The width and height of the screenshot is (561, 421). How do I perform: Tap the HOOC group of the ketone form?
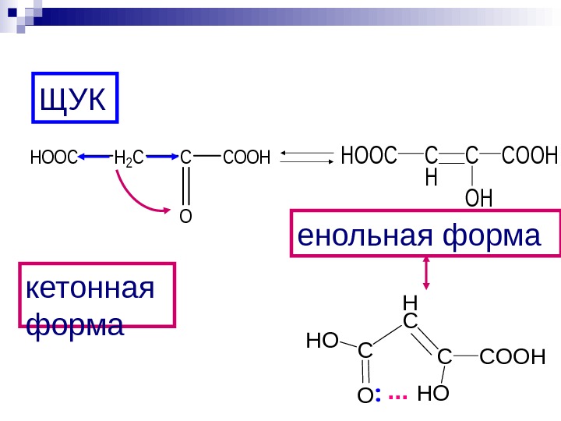pyautogui.click(x=51, y=158)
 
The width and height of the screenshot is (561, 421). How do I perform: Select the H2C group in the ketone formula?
pyautogui.click(x=129, y=159)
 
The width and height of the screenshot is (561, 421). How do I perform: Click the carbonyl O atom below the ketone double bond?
pyautogui.click(x=185, y=215)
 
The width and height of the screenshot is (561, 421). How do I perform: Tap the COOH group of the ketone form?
pyautogui.click(x=245, y=158)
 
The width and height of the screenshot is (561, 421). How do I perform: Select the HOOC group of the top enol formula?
pyautogui.click(x=369, y=155)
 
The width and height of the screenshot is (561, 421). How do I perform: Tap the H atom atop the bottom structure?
pyautogui.click(x=410, y=302)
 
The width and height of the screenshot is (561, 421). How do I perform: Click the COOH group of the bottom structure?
pyautogui.click(x=510, y=357)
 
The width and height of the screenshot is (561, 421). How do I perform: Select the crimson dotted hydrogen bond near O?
pyautogui.click(x=397, y=397)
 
